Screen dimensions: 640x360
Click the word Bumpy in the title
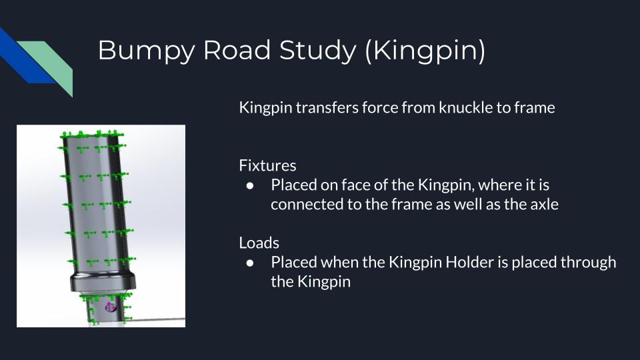146,51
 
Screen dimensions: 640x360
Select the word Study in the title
317,51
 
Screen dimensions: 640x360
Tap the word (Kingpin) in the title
425,51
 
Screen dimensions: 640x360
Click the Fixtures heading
267,165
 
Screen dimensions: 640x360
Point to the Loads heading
259,243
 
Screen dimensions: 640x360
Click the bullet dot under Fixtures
250,186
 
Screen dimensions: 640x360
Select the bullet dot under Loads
250,263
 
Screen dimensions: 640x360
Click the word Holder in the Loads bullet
470,262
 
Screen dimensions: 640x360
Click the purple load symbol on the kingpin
111,307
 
